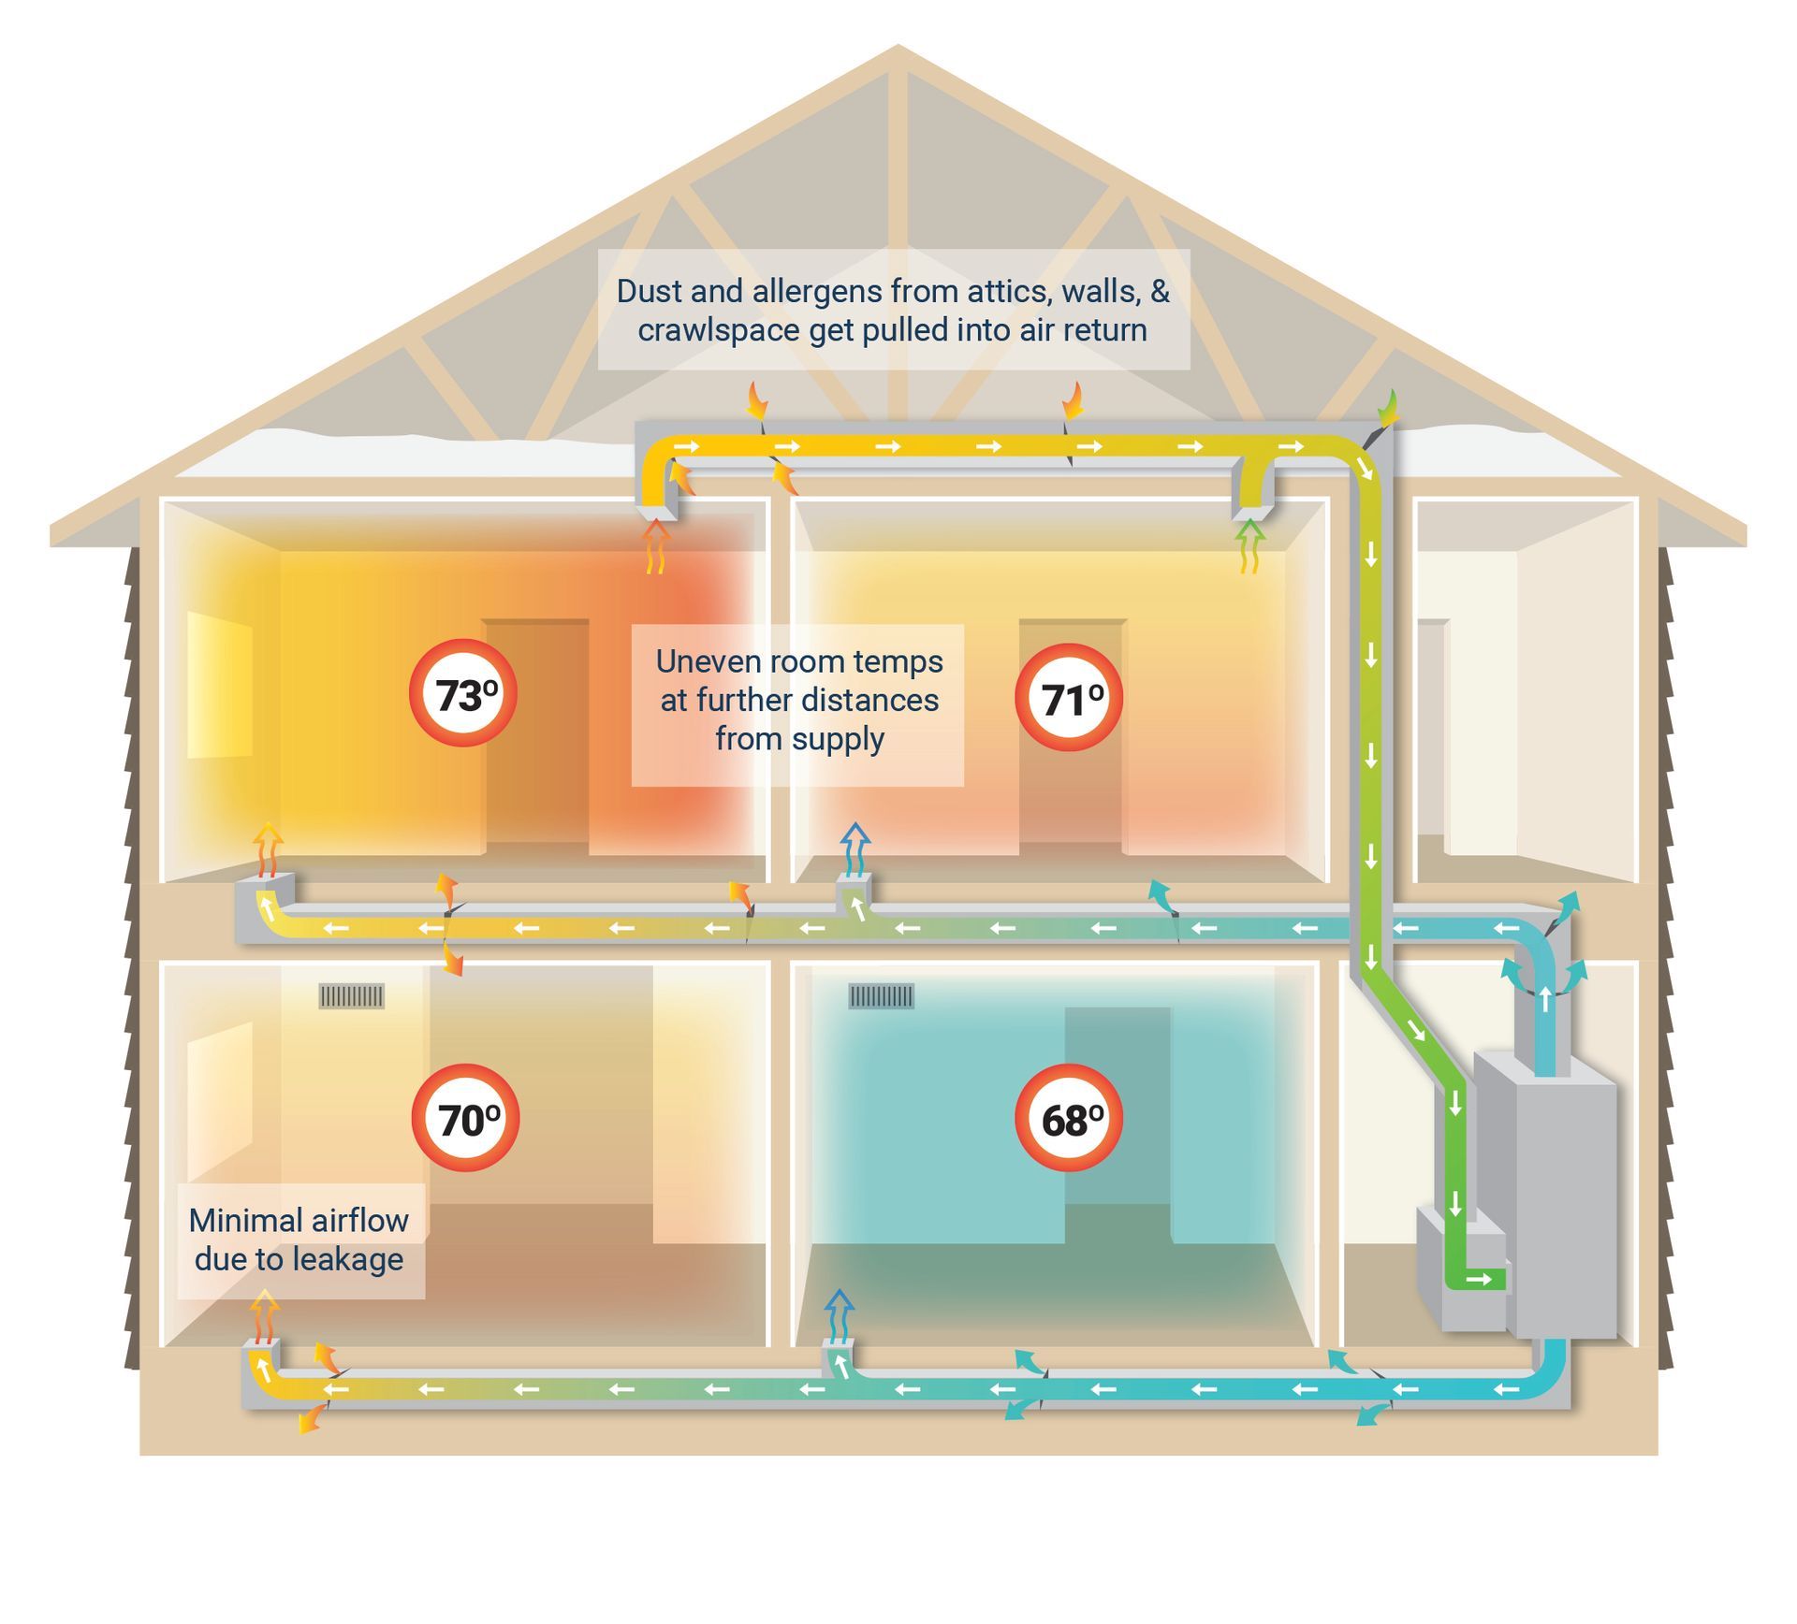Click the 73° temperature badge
click(x=463, y=693)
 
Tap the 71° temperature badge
click(x=1069, y=697)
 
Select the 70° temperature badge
click(x=465, y=1118)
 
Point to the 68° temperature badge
click(x=1069, y=1118)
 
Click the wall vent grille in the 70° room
click(x=352, y=995)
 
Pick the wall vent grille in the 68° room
click(x=881, y=995)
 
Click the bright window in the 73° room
click(x=220, y=685)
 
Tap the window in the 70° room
click(x=220, y=1099)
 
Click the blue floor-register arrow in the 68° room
click(x=840, y=1314)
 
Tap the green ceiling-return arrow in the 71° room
click(x=1250, y=545)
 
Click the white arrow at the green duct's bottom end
click(x=1480, y=1279)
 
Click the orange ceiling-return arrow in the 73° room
click(x=657, y=545)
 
